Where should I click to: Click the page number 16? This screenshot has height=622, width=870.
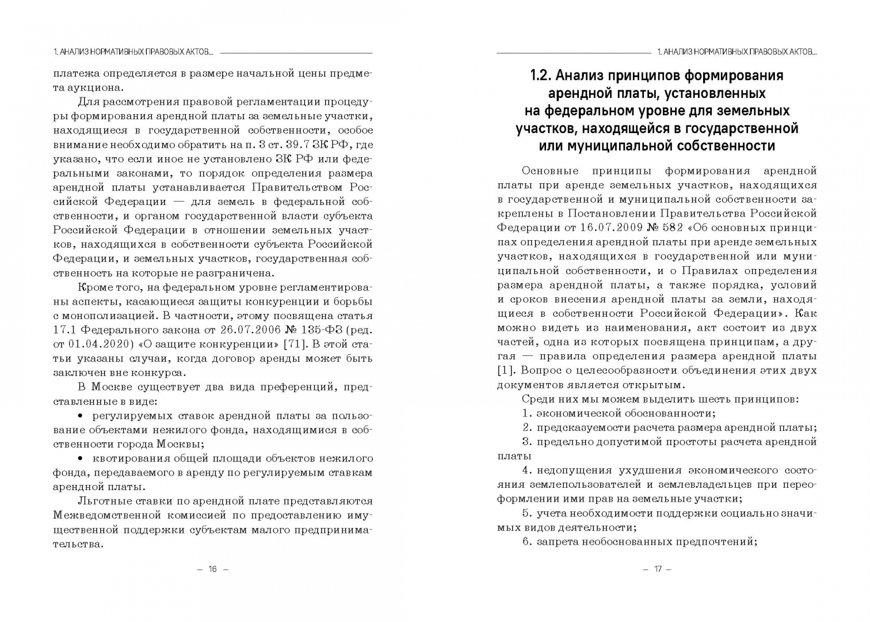coord(212,569)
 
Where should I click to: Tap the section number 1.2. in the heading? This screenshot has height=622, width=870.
coord(543,76)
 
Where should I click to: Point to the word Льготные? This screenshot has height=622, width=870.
coord(102,501)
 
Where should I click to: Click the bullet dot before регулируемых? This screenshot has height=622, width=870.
coord(80,415)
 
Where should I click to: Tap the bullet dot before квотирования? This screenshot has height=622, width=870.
coord(80,458)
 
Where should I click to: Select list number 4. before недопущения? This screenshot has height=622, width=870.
coord(526,471)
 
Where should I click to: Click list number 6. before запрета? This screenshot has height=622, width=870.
coord(526,542)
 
